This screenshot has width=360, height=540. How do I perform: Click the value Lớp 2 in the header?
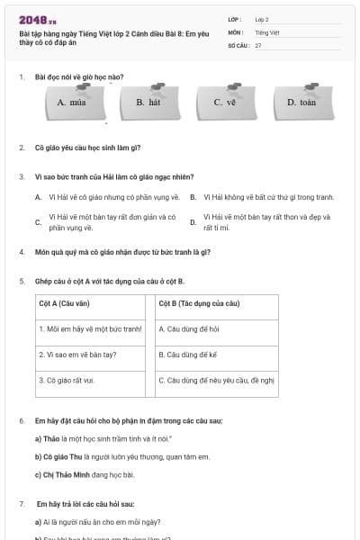[262, 19]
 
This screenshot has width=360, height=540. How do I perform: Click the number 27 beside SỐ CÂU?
[258, 44]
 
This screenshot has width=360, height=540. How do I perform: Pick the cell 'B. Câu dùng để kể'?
[188, 355]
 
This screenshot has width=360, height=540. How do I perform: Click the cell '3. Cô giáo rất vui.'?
[70, 380]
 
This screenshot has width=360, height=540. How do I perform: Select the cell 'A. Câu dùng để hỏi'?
[189, 328]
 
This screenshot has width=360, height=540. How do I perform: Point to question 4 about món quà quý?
[122, 252]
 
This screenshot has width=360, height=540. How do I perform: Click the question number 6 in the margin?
[22, 421]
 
